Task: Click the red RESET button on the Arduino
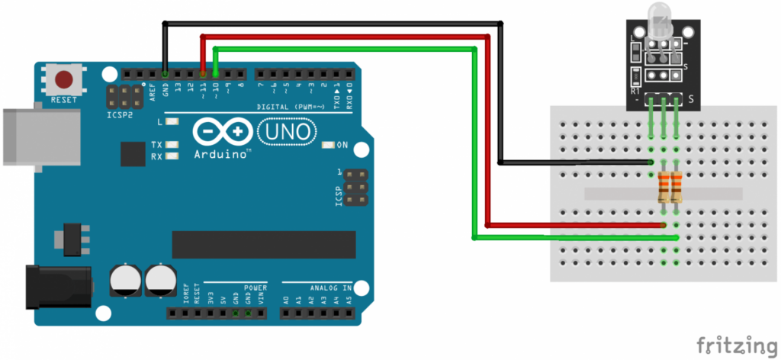tap(64, 79)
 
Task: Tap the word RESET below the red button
tap(64, 100)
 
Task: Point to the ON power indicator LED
tap(329, 145)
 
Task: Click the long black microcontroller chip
tap(264, 244)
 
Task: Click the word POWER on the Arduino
tap(256, 288)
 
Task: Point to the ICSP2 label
tap(120, 115)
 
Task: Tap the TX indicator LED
tap(172, 144)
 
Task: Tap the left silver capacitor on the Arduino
tap(124, 280)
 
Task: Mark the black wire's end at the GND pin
tap(165, 73)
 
